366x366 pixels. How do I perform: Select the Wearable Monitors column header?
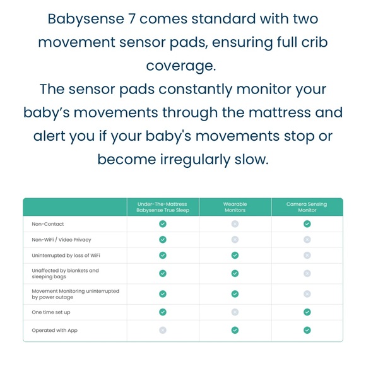point(235,207)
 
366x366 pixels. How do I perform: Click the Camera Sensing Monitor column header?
point(307,207)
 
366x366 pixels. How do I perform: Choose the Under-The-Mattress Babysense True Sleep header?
point(163,207)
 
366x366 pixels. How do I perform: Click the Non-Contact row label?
point(48,224)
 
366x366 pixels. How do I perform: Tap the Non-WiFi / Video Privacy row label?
point(61,240)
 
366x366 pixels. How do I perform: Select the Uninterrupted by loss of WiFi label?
point(66,255)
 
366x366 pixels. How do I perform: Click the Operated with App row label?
point(54,330)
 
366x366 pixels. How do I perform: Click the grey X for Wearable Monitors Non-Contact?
point(235,224)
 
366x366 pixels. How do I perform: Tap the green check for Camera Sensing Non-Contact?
point(307,224)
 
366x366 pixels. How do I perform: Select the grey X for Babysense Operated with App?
point(163,330)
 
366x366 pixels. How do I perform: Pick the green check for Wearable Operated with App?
point(235,330)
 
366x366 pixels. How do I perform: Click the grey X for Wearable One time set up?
point(235,312)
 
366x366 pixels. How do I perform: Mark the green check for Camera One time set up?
point(307,312)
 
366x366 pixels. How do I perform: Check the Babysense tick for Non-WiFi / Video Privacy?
point(163,240)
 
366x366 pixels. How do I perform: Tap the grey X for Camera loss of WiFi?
point(307,255)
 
